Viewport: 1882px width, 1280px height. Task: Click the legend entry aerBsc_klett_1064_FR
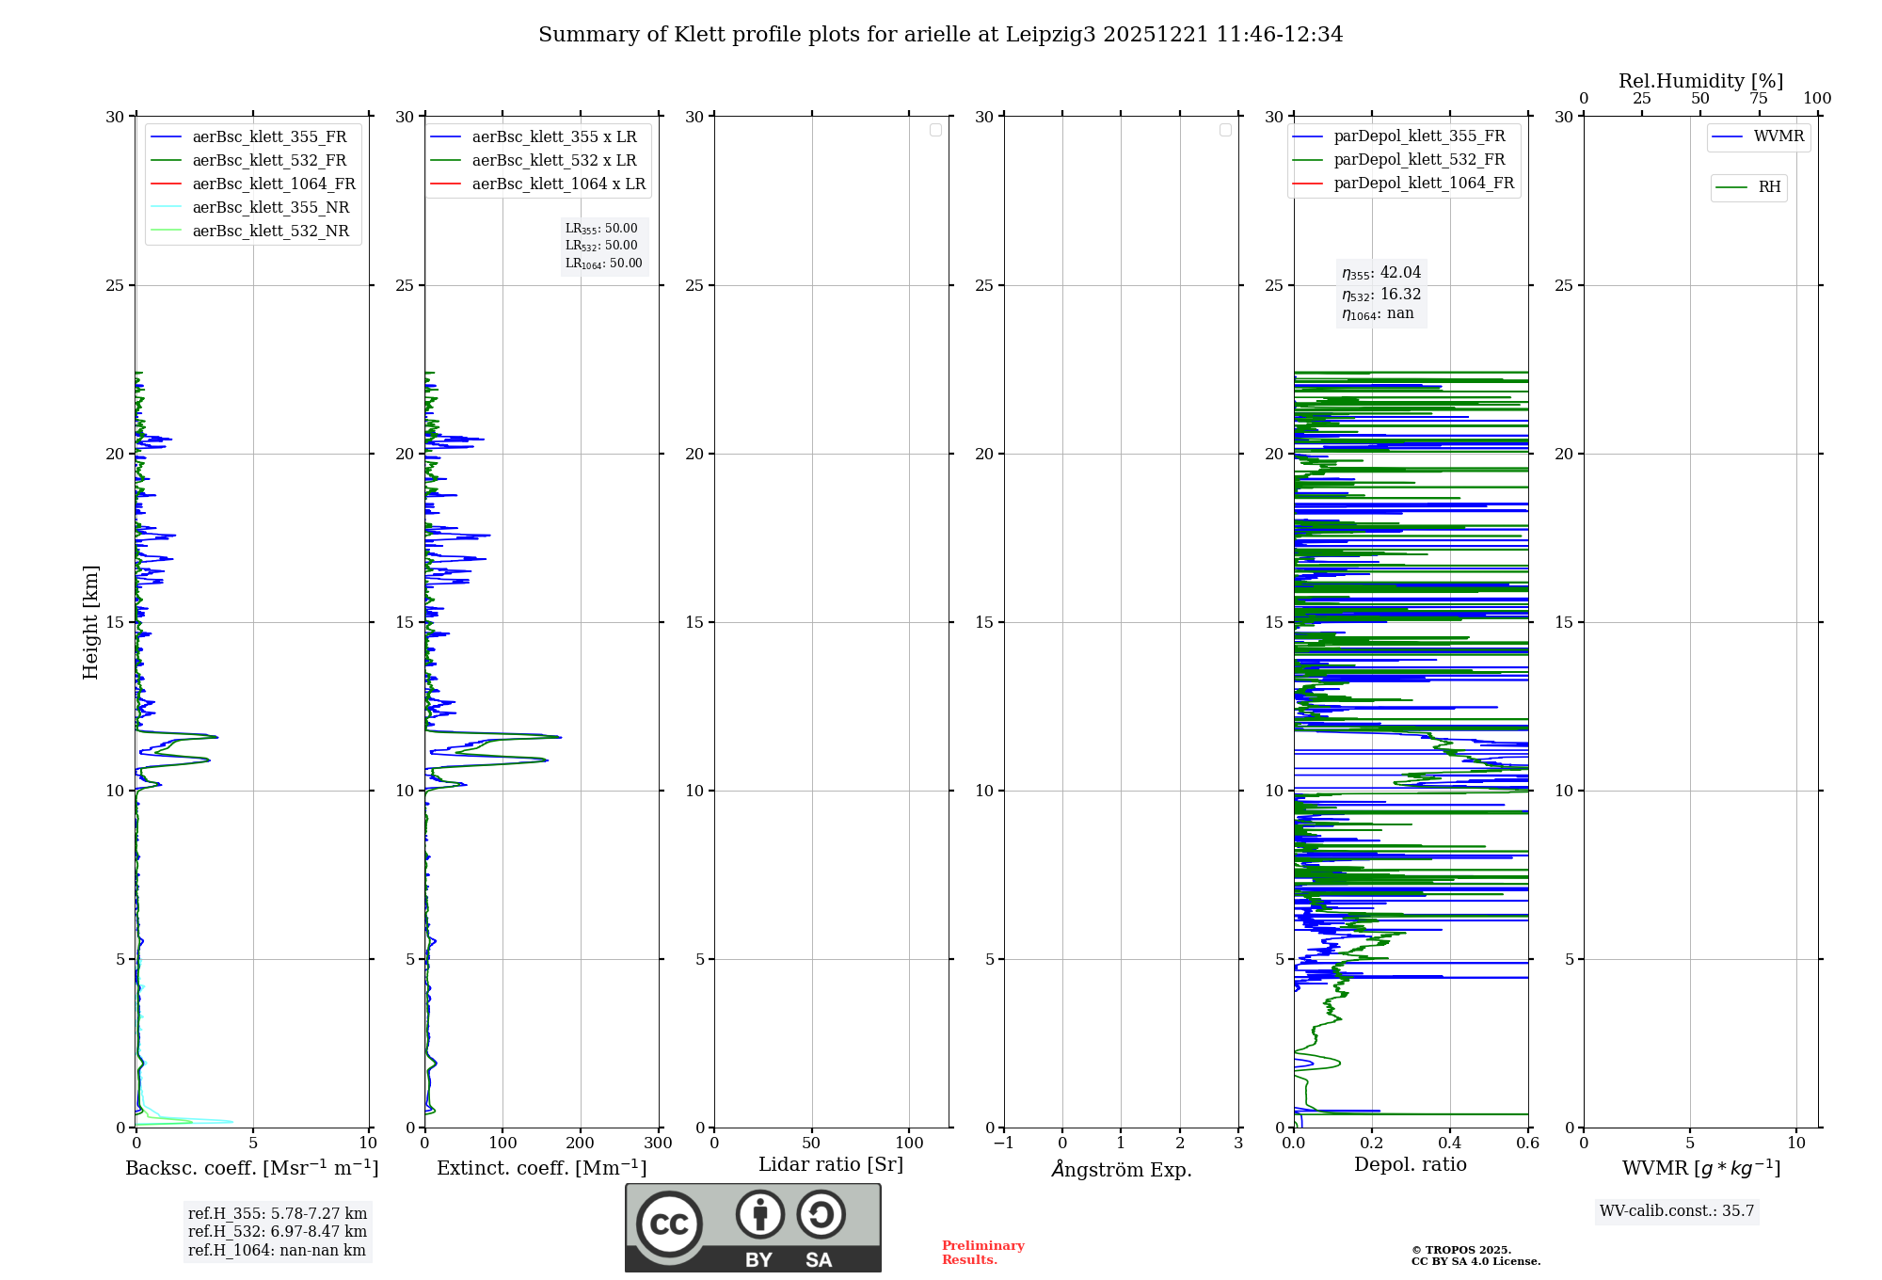pos(273,184)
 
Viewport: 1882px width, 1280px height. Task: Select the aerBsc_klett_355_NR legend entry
pos(270,208)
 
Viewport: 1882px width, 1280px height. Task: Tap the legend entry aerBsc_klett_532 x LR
pos(553,161)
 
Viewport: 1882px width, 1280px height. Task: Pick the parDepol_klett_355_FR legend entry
pos(1419,136)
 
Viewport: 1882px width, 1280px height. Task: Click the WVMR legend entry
pos(1778,136)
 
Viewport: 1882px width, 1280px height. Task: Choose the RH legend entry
pos(1769,187)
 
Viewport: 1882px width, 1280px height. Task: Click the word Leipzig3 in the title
pos(1050,35)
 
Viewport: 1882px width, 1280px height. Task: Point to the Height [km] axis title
pos(90,622)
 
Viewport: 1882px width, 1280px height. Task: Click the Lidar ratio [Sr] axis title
pos(831,1165)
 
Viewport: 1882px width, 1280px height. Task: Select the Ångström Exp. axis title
pos(1121,1170)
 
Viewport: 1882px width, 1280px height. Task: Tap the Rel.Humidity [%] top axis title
pos(1700,81)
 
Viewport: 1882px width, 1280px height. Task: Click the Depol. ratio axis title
pos(1410,1165)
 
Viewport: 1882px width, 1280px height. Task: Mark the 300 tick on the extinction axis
pos(659,1144)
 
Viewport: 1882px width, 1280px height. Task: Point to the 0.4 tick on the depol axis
pos(1450,1144)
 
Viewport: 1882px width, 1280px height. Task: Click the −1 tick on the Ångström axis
pos(1003,1144)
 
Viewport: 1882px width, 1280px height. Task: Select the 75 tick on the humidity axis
pos(1759,99)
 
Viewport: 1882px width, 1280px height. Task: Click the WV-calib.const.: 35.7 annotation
pos(1677,1211)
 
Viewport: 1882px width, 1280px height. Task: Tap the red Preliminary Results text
pos(982,1253)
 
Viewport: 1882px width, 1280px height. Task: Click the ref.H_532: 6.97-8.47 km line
pos(278,1232)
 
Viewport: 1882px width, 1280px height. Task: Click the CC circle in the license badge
pos(669,1224)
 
